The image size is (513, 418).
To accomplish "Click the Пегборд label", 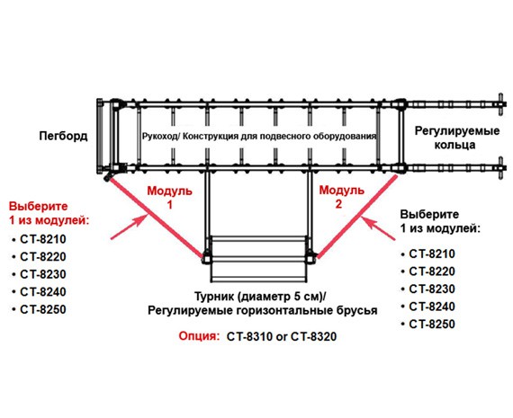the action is [63, 136].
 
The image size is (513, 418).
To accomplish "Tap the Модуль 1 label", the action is [169, 198].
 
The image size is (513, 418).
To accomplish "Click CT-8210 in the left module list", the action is [43, 239].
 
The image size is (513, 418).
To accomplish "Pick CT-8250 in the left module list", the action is [43, 309].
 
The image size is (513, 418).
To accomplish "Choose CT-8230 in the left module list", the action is [43, 274].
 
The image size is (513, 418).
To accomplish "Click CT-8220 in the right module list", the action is [432, 271].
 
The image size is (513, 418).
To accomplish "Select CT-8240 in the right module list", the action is [432, 307].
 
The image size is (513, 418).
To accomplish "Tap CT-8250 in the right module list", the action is [432, 325].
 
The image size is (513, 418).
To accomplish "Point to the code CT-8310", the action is [249, 336].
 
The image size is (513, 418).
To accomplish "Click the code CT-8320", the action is [313, 336].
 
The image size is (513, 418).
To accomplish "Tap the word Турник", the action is [214, 297].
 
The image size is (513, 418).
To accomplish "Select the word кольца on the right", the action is [454, 145].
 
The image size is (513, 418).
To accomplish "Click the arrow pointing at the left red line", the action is [128, 227].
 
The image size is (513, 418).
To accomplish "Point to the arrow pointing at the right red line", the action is [380, 230].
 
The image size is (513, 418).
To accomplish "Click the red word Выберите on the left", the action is [39, 207].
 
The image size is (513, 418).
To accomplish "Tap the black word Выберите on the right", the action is [429, 215].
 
